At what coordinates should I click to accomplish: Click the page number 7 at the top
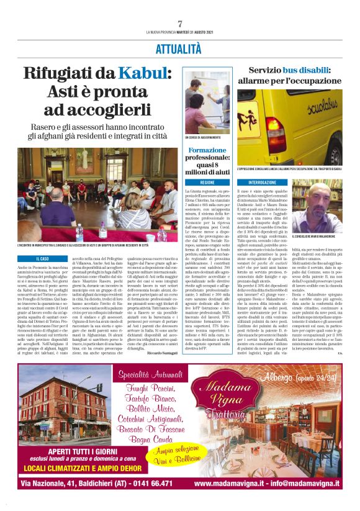click(180, 24)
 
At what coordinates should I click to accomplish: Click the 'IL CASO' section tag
click(44, 258)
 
